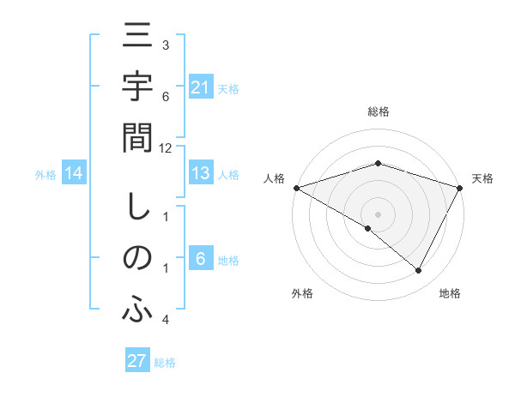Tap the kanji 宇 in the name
(137, 88)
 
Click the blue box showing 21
(201, 87)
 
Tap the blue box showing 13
(201, 174)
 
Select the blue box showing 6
(201, 260)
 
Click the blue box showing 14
(73, 174)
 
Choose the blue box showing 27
(137, 361)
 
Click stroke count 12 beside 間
(166, 147)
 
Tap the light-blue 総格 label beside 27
(165, 362)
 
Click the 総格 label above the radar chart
(378, 111)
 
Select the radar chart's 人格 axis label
(275, 178)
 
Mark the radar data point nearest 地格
(419, 271)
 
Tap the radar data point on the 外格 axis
(368, 228)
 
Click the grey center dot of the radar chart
(378, 214)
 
